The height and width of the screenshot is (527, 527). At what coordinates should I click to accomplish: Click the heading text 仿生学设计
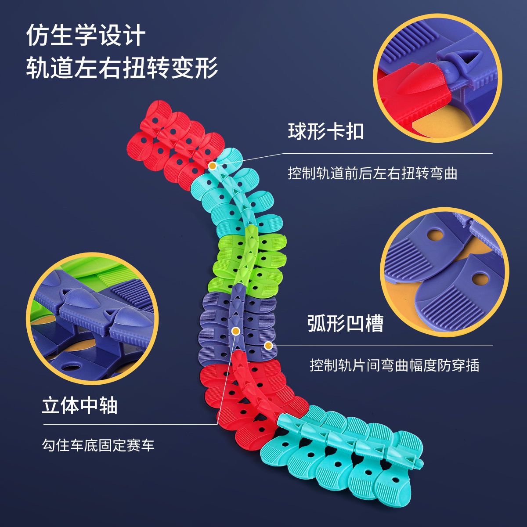point(86,35)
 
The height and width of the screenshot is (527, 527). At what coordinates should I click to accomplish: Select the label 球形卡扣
point(326,131)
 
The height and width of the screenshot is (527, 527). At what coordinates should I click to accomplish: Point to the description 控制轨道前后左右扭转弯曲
point(372,173)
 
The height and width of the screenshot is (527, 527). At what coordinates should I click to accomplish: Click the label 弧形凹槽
point(345,323)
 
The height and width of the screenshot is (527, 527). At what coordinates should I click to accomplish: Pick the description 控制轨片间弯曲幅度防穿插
point(394,365)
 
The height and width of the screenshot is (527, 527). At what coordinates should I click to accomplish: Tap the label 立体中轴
point(79,405)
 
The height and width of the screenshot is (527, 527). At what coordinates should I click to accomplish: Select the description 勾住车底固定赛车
point(98,446)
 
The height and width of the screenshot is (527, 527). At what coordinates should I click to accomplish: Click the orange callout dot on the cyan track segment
point(212,166)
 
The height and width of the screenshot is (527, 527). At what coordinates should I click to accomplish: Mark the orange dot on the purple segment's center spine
point(236,331)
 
